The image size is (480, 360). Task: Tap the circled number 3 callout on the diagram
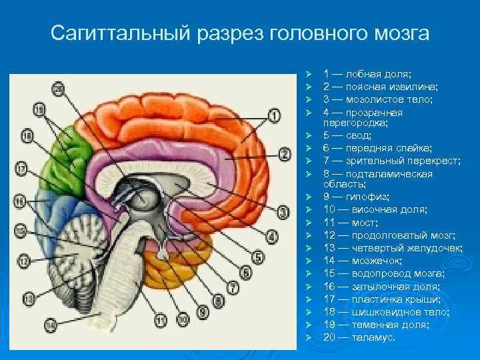pos(283,213)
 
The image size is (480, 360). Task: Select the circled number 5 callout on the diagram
pos(260,254)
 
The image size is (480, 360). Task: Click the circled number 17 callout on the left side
pos(21,169)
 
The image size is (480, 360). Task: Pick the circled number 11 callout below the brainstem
pos(160,321)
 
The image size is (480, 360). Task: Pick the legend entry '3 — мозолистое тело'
pos(377,99)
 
